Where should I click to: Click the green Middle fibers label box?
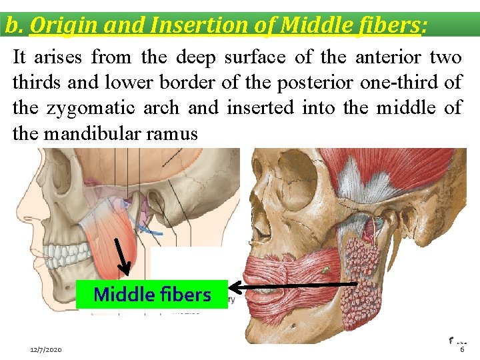click(152, 294)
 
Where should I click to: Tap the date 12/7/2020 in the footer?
click(46, 349)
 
